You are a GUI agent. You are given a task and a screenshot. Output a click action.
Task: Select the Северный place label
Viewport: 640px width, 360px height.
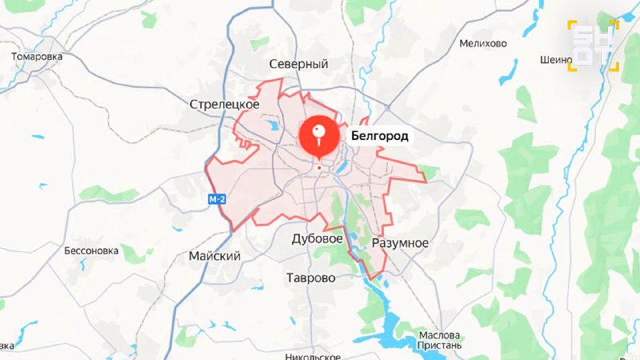coord(299,64)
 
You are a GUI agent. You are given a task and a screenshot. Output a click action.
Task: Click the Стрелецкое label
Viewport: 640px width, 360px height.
coord(225,104)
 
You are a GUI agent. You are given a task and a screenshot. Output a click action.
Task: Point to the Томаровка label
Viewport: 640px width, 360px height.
coord(37,57)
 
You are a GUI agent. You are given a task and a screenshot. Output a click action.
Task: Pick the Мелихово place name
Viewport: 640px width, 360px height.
coord(483,43)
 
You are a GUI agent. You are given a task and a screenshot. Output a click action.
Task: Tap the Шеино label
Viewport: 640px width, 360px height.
coord(556,59)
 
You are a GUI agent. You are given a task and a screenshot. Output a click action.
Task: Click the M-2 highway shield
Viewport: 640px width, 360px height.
coord(217,199)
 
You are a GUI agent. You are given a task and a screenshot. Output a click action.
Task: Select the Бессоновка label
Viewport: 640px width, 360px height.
coord(91,250)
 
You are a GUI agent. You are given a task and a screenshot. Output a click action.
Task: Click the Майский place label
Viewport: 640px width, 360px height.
coord(214,255)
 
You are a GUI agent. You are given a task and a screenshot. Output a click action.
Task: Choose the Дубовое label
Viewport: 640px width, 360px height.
coord(318,238)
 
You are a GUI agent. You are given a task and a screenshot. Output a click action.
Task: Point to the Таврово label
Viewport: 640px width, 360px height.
coord(311,278)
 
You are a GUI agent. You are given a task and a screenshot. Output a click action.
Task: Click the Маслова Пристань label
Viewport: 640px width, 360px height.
coord(439,340)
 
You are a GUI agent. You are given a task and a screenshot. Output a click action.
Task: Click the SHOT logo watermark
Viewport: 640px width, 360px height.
coord(593,46)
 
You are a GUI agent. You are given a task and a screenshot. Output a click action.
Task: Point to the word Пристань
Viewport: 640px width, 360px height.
coord(439,346)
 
